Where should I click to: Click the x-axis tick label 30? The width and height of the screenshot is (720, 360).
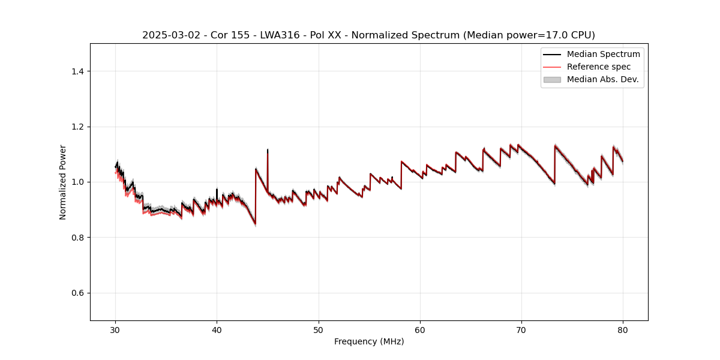tap(116, 330)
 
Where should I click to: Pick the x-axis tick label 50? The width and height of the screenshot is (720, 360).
tap(319, 330)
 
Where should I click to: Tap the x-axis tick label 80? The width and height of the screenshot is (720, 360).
tap(623, 330)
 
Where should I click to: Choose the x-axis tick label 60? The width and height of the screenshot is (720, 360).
tap(420, 330)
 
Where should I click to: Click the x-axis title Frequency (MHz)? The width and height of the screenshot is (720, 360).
tap(369, 341)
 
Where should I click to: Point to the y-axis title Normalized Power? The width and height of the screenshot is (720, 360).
tap(63, 182)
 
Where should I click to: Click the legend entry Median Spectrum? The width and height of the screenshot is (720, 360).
tap(603, 54)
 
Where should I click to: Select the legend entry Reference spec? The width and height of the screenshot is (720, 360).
tap(599, 67)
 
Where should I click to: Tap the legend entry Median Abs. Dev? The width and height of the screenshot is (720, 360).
tap(602, 79)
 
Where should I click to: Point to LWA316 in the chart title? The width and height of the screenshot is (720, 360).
tap(280, 35)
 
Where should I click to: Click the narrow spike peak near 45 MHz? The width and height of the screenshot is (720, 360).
tap(268, 150)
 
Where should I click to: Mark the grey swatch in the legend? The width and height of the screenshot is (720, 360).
tap(552, 79)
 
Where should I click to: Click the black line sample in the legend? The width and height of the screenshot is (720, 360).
tap(552, 54)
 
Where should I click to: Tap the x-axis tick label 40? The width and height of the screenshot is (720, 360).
tap(217, 330)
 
